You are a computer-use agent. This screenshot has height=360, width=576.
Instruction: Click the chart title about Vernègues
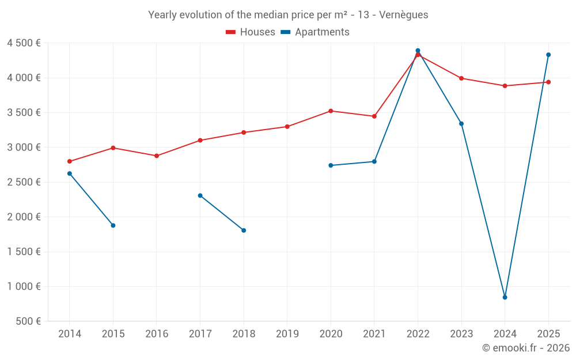[x=288, y=15]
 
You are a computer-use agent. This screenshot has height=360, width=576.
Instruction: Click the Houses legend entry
[x=251, y=32]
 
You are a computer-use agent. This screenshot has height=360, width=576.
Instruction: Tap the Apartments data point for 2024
[x=505, y=297]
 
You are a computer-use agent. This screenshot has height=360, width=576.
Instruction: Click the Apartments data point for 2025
[x=548, y=55]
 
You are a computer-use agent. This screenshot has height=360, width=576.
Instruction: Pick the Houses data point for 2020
[x=331, y=111]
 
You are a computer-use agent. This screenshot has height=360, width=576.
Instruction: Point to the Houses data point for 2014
[x=70, y=161]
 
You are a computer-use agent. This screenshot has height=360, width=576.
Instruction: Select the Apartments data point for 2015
[x=113, y=225]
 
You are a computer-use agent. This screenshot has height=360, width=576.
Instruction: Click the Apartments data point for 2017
[x=200, y=195]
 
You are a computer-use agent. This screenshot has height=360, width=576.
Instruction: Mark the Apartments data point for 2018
[x=244, y=230]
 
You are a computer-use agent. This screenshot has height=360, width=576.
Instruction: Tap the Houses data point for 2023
[x=461, y=78]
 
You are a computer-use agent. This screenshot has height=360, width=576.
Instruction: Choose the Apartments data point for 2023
[x=461, y=123]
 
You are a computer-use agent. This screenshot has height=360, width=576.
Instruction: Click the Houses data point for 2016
[x=157, y=156]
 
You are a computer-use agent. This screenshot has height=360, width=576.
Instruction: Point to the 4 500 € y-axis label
[x=24, y=43]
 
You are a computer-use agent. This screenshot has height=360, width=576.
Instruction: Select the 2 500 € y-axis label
[x=24, y=182]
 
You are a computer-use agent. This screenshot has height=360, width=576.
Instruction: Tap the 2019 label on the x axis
[x=287, y=334]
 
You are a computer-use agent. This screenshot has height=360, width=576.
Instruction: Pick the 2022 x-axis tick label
[x=418, y=334]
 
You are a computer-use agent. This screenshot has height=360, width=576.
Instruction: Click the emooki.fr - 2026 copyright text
[x=525, y=348]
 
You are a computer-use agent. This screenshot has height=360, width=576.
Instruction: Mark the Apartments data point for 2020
[x=331, y=165]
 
